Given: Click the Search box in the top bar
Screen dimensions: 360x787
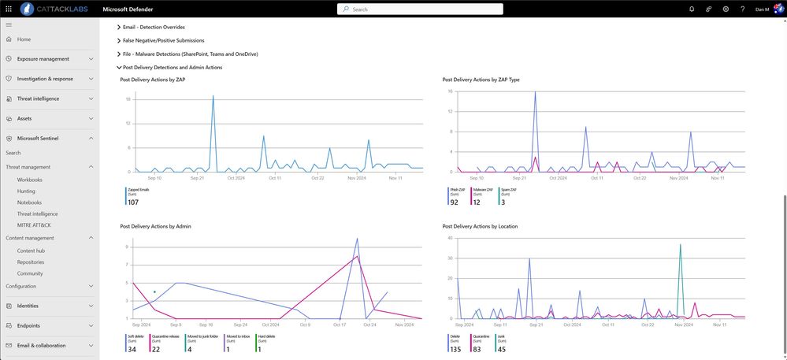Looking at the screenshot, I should [x=420, y=9].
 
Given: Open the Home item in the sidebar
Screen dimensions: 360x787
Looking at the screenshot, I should [x=24, y=39].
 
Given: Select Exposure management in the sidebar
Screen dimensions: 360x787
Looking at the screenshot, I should [x=43, y=58].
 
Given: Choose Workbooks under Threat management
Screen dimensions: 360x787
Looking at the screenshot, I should [x=30, y=180].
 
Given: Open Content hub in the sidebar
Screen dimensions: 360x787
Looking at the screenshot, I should [x=32, y=251].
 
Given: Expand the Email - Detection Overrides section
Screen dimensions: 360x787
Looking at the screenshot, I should [x=154, y=27].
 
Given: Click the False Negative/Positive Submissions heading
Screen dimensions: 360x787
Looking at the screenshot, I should [x=163, y=40].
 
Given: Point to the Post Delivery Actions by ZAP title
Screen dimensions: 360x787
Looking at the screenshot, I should [x=153, y=80].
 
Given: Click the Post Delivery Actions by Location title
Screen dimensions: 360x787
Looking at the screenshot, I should [x=480, y=226].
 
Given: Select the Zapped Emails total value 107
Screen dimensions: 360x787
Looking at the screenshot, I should [x=133, y=202].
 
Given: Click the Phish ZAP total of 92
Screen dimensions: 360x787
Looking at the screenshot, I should [x=454, y=202].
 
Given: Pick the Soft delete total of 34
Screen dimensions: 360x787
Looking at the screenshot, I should [x=132, y=349].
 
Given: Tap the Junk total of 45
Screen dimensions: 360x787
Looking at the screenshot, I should [x=502, y=349].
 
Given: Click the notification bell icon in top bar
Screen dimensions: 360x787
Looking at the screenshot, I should [x=692, y=9].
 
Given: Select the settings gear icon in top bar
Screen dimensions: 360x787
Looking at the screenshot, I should [x=726, y=9].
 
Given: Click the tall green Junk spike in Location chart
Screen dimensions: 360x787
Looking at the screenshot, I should [x=680, y=260].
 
